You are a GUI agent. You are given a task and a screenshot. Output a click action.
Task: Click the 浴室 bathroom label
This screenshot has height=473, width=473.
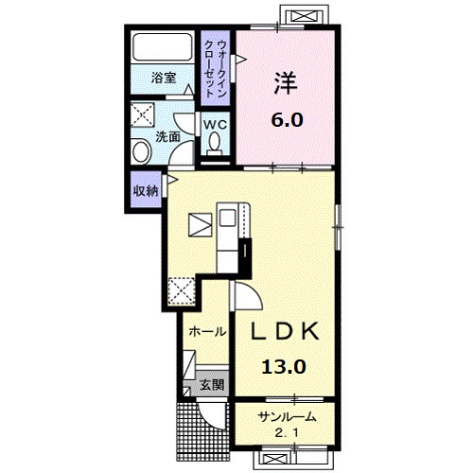[x=164, y=78]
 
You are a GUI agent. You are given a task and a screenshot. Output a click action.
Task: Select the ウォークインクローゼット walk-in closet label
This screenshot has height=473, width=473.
[x=216, y=68]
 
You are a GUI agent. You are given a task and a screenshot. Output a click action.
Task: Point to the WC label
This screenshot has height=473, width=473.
[x=215, y=125]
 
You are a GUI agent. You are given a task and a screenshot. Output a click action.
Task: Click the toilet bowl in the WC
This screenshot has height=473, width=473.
[x=215, y=142]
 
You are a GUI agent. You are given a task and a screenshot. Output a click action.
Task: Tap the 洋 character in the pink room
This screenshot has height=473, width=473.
[x=286, y=83]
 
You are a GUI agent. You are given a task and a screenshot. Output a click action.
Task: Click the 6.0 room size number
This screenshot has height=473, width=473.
[x=287, y=120]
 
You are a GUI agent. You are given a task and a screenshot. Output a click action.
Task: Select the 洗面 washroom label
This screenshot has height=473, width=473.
[x=168, y=136]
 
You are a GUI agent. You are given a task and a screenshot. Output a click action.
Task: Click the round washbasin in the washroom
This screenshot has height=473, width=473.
[x=141, y=151]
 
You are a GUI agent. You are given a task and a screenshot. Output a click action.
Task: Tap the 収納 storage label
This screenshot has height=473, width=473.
[x=146, y=190]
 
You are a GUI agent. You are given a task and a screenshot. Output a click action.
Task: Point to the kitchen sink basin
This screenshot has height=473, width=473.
[x=227, y=218]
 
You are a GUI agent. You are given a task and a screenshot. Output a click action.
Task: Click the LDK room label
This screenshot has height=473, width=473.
[x=285, y=331]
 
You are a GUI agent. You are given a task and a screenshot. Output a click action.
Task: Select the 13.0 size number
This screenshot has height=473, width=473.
[x=284, y=367]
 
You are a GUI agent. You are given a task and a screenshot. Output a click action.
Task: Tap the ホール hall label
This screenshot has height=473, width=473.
[x=207, y=331]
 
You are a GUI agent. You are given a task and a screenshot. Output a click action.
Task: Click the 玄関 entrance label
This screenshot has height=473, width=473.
[x=212, y=384]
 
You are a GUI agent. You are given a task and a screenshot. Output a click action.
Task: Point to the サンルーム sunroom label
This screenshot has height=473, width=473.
[x=287, y=417]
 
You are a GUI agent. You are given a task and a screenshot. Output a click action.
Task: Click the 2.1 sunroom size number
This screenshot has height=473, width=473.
[x=287, y=433]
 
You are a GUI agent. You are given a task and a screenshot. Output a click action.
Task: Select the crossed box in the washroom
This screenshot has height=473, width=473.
[x=143, y=114]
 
